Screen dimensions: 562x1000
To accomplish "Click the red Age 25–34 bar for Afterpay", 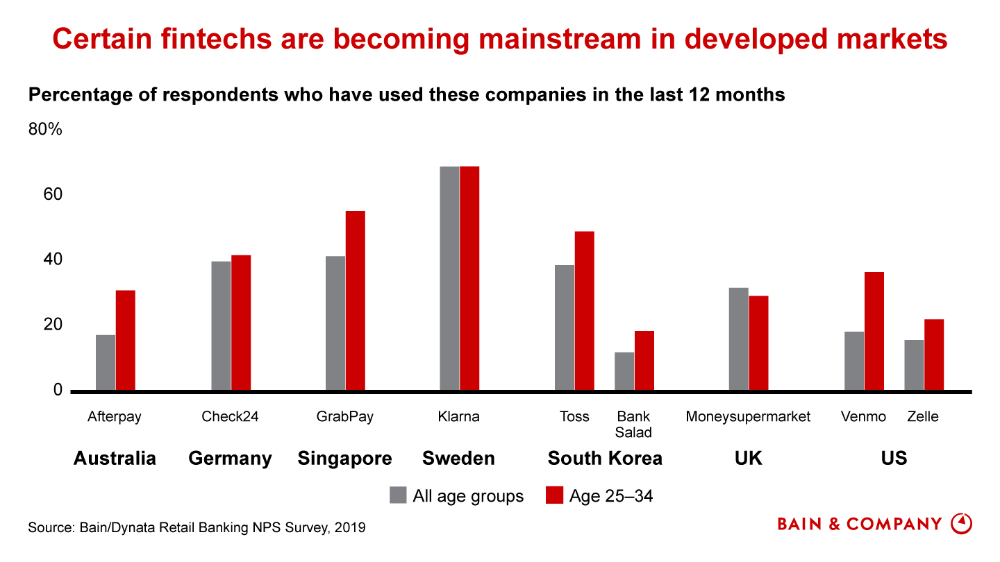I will click(x=126, y=341).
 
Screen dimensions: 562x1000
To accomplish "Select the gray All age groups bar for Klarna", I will click(x=449, y=278).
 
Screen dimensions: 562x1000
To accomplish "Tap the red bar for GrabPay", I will click(x=355, y=300).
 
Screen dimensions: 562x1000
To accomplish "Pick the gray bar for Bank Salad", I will click(x=624, y=371).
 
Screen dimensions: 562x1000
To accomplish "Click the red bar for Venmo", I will click(x=874, y=331).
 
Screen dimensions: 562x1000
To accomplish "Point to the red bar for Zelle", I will click(x=934, y=355).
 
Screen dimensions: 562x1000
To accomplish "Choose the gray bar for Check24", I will click(x=222, y=325).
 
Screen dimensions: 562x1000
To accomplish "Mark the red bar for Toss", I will click(x=585, y=311).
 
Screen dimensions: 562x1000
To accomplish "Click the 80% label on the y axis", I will click(x=45, y=130).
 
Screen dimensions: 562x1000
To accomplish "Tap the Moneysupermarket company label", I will click(x=748, y=417).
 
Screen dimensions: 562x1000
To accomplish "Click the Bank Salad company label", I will click(x=633, y=425).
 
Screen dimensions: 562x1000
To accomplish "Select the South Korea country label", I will click(x=605, y=459).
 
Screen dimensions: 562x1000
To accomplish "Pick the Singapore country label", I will click(x=344, y=459).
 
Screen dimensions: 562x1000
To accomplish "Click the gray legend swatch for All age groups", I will click(x=398, y=495).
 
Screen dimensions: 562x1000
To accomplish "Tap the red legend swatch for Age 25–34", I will click(x=554, y=495).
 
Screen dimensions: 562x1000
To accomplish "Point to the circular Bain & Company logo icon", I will click(x=961, y=524).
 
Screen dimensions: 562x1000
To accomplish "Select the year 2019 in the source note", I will click(x=350, y=528).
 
